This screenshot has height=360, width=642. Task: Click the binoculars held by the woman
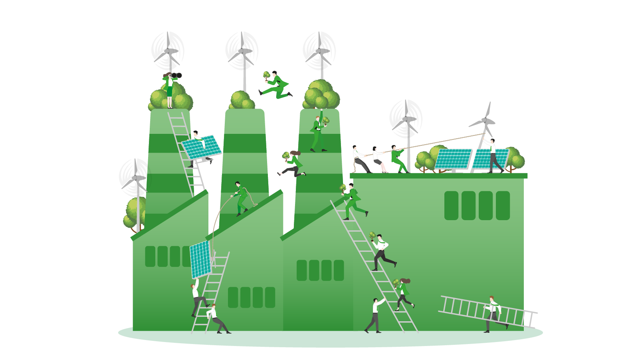(x=176, y=76)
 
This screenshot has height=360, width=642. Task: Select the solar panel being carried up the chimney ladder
(x=201, y=147)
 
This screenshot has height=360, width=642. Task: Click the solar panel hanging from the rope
(x=200, y=259)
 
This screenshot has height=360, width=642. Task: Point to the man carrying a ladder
(x=493, y=314)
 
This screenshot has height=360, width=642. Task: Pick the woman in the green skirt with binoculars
(x=169, y=90)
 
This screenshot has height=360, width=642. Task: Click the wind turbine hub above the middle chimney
(x=242, y=51)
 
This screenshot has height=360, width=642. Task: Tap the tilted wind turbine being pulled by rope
(x=485, y=120)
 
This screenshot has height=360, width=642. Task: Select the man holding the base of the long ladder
(x=375, y=316)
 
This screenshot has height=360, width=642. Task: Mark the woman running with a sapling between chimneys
(x=293, y=164)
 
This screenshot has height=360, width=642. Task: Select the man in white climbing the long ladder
(x=381, y=252)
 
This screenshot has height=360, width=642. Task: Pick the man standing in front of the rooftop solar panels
(x=494, y=156)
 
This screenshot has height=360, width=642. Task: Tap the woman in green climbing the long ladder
(x=404, y=294)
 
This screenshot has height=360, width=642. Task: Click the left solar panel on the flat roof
(x=453, y=159)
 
